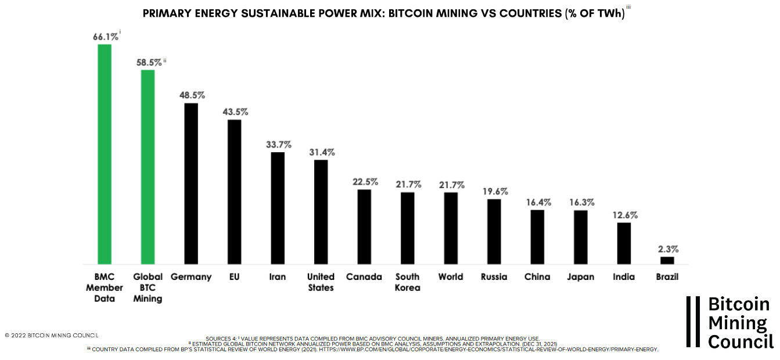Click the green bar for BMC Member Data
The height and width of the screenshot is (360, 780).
tap(105, 154)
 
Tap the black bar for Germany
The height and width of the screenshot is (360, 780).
tap(191, 183)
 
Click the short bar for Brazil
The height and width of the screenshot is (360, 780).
tap(667, 260)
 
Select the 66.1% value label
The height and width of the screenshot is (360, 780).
tap(106, 37)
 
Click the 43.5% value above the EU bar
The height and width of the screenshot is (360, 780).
tap(235, 111)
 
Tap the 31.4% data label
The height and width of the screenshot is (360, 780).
tap(321, 152)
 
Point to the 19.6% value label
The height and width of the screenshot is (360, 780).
tap(495, 191)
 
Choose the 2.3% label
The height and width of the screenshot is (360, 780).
tap(668, 249)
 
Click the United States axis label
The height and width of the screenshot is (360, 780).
tap(321, 282)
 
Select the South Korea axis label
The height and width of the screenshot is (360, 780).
tap(408, 282)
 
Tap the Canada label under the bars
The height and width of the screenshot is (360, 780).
tap(364, 276)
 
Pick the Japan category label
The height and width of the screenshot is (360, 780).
tap(581, 276)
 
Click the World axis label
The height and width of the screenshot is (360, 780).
tap(451, 276)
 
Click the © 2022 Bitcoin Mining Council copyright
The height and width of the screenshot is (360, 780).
tap(52, 335)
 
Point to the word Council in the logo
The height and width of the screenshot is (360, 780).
tap(741, 341)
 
